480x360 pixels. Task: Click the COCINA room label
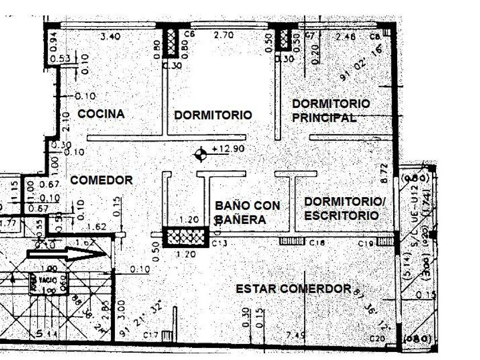101,114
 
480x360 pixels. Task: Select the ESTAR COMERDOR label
293,289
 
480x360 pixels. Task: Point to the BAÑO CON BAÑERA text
247,212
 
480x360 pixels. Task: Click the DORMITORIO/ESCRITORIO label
341,209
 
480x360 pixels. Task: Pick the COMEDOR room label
102,181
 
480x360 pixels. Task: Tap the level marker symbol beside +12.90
201,154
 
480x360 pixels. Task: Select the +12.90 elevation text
225,149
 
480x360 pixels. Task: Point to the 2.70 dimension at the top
223,35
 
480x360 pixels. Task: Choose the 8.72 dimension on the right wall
384,173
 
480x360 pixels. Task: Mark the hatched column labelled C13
185,237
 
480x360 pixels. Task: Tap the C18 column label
317,243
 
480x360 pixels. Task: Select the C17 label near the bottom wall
151,335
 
